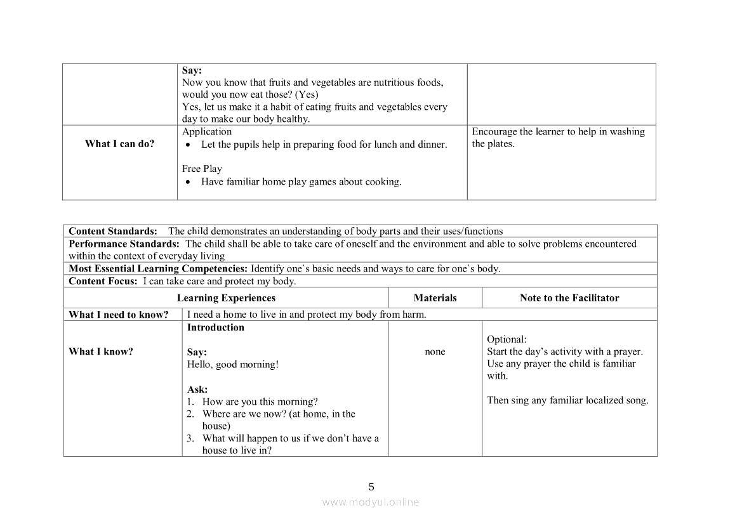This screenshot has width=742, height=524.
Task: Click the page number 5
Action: (371, 487)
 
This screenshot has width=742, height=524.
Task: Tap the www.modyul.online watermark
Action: (371, 502)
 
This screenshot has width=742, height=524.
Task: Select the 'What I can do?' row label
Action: (119, 144)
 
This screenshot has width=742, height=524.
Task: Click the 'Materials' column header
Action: (435, 298)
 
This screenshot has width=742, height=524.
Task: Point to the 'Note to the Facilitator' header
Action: (569, 298)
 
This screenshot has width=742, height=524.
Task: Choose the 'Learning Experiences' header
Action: (226, 298)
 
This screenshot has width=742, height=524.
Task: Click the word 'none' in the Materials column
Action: (435, 352)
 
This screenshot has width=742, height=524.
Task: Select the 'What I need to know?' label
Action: (119, 315)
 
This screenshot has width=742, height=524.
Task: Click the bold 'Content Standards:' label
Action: (113, 232)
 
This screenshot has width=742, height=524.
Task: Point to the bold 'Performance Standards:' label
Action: (124, 244)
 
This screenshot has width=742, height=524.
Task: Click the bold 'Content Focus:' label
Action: (103, 282)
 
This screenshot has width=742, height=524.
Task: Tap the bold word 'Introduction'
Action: (216, 328)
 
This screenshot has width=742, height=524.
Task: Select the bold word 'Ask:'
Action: (197, 390)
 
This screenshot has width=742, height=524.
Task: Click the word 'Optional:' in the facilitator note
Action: (507, 339)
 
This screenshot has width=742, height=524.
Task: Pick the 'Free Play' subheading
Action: (202, 169)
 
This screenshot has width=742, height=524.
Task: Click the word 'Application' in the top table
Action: (207, 132)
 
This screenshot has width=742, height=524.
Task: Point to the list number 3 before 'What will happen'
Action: (190, 438)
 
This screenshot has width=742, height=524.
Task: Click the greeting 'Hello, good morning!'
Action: (233, 365)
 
